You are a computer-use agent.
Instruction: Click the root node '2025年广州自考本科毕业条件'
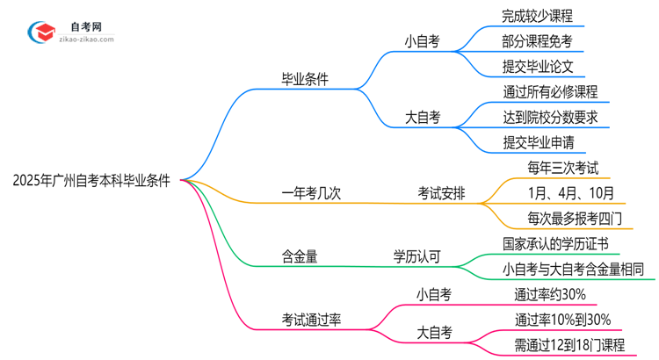click(x=91, y=181)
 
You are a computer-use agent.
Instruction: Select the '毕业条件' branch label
click(x=305, y=79)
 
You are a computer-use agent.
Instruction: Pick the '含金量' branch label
click(x=300, y=256)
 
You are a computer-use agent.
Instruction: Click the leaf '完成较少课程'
click(x=537, y=16)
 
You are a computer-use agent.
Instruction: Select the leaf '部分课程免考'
click(x=537, y=41)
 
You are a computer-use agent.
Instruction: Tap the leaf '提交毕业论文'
click(x=537, y=66)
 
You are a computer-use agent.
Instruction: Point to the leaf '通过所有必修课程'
click(x=550, y=91)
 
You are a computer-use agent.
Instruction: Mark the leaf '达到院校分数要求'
click(x=557, y=117)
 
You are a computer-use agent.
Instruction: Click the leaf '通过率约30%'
click(x=550, y=294)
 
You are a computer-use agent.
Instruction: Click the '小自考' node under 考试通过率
click(x=433, y=295)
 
